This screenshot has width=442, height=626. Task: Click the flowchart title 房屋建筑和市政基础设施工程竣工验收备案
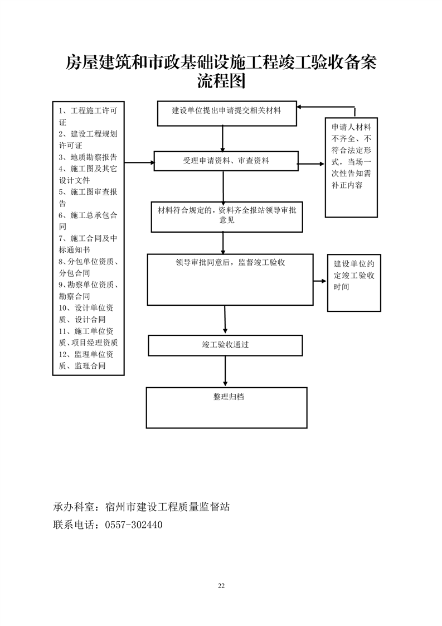coord(221,62)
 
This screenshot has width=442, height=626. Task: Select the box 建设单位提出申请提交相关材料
coord(226,110)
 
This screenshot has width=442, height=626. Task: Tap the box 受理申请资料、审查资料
coord(226,161)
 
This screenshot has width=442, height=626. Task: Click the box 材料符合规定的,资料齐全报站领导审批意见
coord(226,215)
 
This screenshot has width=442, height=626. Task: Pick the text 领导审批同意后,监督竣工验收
coord(230,262)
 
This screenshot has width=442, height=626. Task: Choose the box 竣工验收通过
coord(225,345)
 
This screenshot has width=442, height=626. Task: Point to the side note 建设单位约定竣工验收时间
coord(354,275)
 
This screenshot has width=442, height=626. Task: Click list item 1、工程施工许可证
coord(88,116)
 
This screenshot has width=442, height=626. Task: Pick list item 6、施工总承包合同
coord(88,221)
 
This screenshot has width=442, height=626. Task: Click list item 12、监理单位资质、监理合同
coord(88,360)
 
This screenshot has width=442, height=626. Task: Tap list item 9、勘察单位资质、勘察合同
coord(88,290)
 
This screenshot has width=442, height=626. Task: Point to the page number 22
coord(221,585)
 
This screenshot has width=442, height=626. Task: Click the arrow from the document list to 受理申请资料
coord(139,163)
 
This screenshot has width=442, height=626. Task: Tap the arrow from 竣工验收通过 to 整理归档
coord(225,371)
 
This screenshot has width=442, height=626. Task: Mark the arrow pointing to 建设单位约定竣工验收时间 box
coord(320,282)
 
